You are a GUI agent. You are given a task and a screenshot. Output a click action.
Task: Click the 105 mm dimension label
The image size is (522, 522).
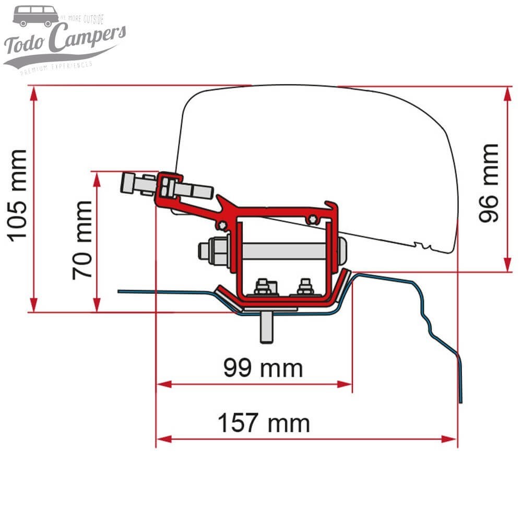coord(18,194)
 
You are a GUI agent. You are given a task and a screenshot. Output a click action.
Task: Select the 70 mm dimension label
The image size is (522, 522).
coord(82,239)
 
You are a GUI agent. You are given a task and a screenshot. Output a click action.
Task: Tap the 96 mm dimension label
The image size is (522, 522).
coord(489,183)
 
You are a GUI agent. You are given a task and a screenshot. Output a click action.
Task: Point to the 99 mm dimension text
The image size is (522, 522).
coord(263,368)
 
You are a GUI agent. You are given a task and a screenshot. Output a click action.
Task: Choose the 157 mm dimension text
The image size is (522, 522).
coord(264,423)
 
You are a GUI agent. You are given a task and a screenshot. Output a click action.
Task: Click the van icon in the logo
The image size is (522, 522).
coord(35,16)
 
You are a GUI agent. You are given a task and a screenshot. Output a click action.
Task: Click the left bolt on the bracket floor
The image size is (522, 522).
coord(262,288)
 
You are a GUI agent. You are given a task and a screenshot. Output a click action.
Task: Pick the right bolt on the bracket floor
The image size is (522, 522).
coord(304,287)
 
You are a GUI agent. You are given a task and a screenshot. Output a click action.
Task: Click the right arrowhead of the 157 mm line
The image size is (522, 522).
coord(452,438)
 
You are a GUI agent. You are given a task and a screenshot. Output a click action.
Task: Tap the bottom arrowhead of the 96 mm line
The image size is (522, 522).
coord(507,266)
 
